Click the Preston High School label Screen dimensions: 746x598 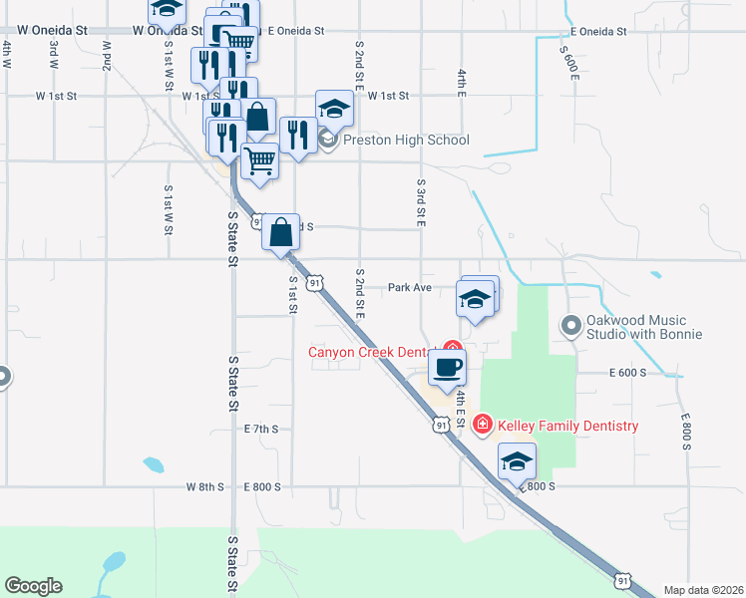tap(406, 141)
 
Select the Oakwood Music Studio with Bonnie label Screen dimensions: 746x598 tap(638, 327)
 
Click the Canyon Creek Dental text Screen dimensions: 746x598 tap(369, 352)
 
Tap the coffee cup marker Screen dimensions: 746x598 tap(447, 366)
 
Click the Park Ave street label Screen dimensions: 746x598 tap(409, 287)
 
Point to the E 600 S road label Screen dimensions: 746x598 tap(627, 372)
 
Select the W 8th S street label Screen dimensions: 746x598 tap(204, 487)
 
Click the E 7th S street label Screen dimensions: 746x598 tap(261, 429)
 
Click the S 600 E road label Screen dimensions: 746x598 tap(569, 62)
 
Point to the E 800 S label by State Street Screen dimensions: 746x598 tap(263, 487)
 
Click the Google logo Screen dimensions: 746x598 tap(33, 586)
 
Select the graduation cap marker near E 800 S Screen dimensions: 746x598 tap(518, 461)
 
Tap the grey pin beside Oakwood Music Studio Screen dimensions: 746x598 tap(571, 326)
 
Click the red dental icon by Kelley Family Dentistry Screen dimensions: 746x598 tap(484, 426)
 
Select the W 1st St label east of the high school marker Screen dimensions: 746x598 tap(388, 96)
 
